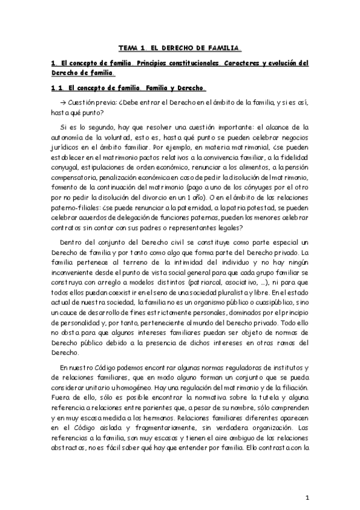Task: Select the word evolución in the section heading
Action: (273, 63)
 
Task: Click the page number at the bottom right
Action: (307, 498)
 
